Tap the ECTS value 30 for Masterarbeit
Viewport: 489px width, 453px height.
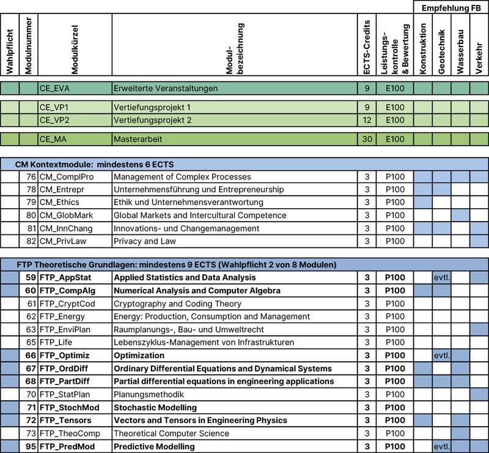(x=367, y=139)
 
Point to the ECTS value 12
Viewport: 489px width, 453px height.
(x=367, y=120)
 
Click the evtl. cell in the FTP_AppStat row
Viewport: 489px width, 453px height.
(x=441, y=277)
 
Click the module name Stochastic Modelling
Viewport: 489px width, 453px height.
(x=155, y=407)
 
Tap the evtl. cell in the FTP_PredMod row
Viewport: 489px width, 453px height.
(x=441, y=446)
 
